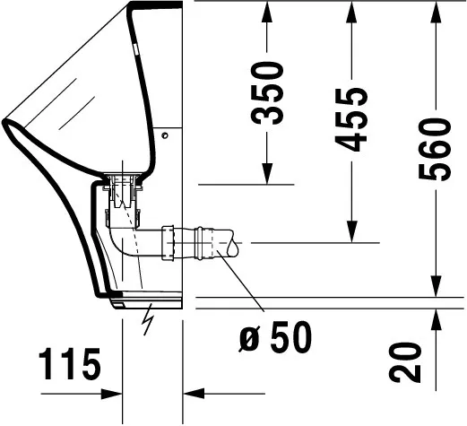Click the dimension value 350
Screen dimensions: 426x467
point(267,92)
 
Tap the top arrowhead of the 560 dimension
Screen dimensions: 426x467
point(435,11)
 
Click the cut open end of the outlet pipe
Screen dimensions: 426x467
point(232,243)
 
